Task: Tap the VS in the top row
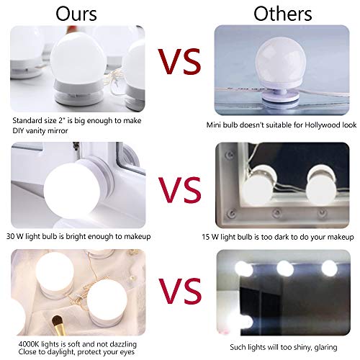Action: (179, 63)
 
